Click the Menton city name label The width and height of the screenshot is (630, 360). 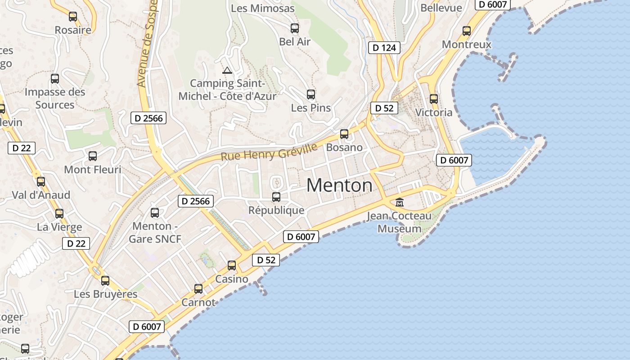340,185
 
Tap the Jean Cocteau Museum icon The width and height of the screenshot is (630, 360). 400,202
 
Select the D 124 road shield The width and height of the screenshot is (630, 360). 384,47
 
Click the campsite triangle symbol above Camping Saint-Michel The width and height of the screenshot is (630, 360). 227,70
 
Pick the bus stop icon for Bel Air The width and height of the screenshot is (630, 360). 295,28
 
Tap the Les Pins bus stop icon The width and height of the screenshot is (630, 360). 311,94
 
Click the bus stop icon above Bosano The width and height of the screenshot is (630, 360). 344,134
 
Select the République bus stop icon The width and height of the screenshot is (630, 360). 276,197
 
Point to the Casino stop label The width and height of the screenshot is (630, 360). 232,279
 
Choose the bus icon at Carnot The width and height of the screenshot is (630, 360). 198,289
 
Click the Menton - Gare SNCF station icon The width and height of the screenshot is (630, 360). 155,212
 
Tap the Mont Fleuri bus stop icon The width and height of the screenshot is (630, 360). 93,156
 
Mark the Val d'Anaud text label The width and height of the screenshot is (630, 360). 41,195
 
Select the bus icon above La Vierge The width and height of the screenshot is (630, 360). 59,214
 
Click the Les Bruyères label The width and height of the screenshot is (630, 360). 106,294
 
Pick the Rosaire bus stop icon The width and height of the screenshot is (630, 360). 73,17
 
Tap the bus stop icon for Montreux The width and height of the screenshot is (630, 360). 467,31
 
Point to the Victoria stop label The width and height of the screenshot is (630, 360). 434,112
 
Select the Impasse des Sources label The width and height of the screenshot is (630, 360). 55,99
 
